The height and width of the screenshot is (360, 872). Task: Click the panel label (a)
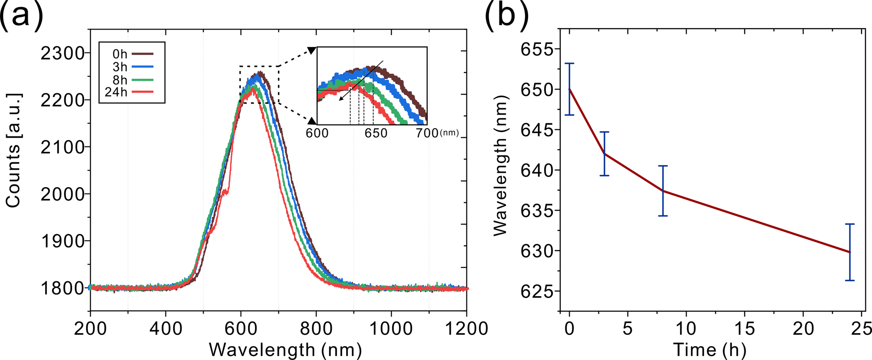[x=22, y=17]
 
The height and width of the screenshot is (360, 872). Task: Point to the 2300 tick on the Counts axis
[x=62, y=53]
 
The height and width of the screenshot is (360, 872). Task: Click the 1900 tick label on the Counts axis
[x=62, y=241]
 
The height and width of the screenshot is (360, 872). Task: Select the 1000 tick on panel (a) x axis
[x=391, y=328]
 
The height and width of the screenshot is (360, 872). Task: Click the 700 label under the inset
[x=427, y=133]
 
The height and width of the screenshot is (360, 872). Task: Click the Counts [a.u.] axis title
[x=13, y=150]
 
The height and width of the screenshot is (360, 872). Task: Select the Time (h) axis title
[x=710, y=350]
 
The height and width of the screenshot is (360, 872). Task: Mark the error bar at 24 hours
[x=850, y=252]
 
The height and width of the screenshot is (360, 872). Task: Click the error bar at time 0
[x=569, y=89]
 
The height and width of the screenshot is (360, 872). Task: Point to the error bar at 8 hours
[x=663, y=191]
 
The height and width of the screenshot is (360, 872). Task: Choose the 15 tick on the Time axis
[x=744, y=328]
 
